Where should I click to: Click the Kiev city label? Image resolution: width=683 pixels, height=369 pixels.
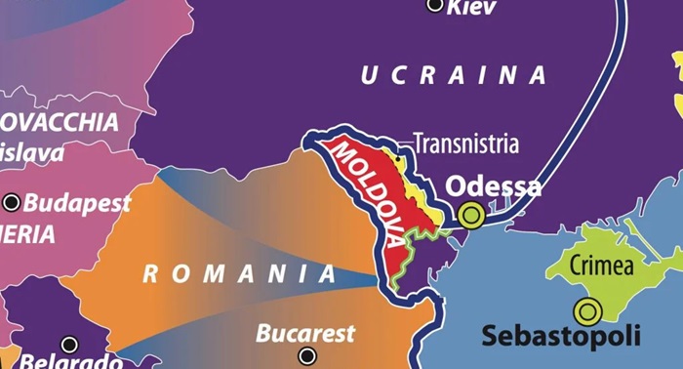tap(471, 8)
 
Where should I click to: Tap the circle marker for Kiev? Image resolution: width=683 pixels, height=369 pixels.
tap(436, 5)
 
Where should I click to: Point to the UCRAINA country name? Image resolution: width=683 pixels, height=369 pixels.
tap(454, 76)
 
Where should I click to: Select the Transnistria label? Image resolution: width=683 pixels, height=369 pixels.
tap(465, 144)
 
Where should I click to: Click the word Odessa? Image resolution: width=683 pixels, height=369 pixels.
tap(493, 186)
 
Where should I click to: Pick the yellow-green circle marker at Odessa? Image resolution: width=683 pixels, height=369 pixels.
tap(472, 214)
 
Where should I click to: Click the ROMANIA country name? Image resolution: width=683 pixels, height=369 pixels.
tap(240, 274)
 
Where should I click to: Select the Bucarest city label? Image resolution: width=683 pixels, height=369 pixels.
tap(305, 334)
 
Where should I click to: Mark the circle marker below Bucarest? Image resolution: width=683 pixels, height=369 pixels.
tap(307, 356)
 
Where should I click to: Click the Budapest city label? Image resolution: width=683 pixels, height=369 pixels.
tap(77, 203)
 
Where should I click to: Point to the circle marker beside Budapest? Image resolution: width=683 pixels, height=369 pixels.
tap(12, 203)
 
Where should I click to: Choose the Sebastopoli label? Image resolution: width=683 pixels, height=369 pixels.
tap(561, 337)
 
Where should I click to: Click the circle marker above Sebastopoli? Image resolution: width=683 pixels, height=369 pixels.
tap(587, 311)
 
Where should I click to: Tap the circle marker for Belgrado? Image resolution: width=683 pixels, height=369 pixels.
tap(69, 345)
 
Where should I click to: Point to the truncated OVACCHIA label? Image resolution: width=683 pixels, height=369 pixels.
tap(59, 123)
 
